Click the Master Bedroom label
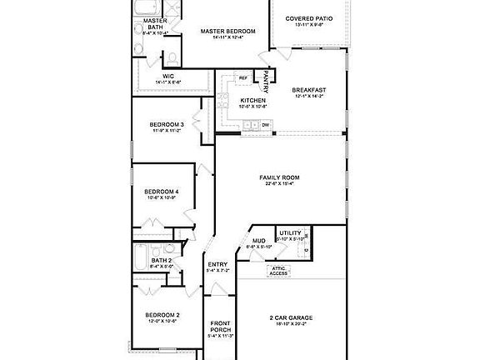(x=227, y=32)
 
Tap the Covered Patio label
(x=309, y=19)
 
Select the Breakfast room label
(x=308, y=90)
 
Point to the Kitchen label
(x=230, y=100)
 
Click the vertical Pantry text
(x=267, y=80)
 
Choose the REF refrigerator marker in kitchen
(x=243, y=78)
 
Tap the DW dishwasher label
(x=265, y=125)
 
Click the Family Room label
(x=280, y=177)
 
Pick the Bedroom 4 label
(x=162, y=192)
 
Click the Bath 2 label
(x=161, y=261)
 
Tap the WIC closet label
(x=167, y=77)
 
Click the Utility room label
(x=290, y=233)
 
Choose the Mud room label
(x=258, y=242)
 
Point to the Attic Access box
(x=278, y=270)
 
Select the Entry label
(x=217, y=265)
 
